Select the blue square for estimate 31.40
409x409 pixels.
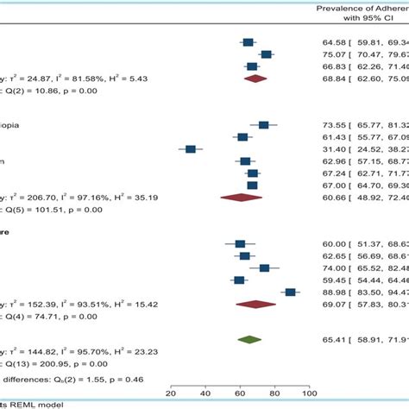tap(191, 149)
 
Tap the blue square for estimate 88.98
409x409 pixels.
tap(291, 292)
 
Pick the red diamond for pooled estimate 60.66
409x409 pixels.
tap(241, 197)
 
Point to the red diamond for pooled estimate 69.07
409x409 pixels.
tap(255, 304)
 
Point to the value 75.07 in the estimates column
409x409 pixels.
tap(332, 53)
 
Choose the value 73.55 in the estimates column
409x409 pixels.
tap(332, 125)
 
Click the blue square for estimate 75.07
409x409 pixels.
tap(266, 53)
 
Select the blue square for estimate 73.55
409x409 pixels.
tap(263, 125)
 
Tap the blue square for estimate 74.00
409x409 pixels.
tap(264, 267)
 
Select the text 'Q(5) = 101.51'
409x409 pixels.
tap(41, 208)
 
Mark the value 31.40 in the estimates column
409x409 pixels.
tap(332, 149)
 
